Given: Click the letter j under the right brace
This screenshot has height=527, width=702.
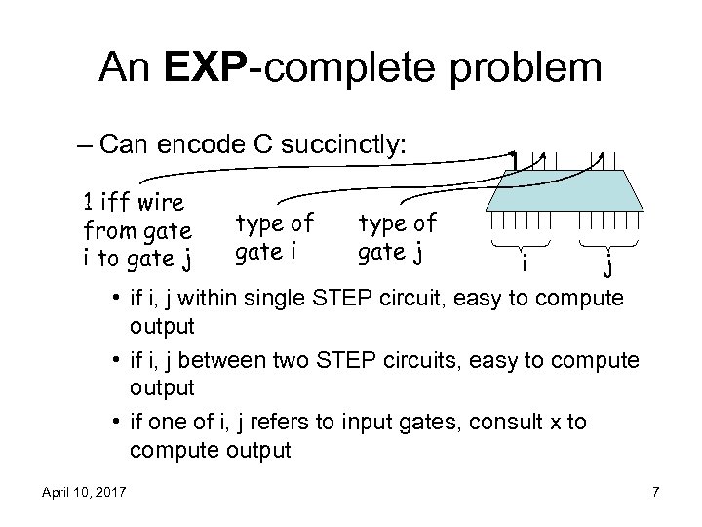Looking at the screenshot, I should pyautogui.click(x=608, y=263).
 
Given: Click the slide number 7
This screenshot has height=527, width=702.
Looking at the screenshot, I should pyautogui.click(x=655, y=490).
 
